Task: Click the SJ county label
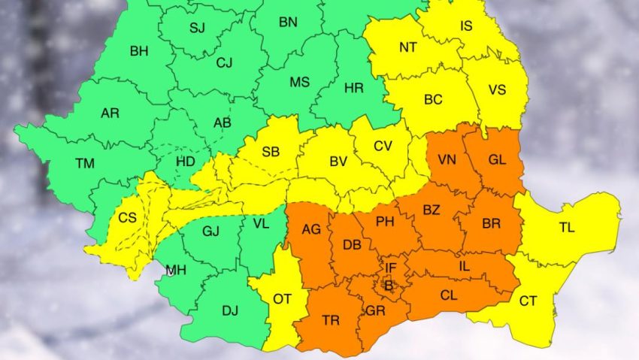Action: coord(197,29)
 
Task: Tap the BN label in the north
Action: coord(288,22)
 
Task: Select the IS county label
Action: coord(467,27)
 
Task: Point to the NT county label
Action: coord(408,47)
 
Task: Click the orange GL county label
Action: coord(497,159)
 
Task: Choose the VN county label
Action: coord(447,159)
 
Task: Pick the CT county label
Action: coord(528,301)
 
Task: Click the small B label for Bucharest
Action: coord(389,285)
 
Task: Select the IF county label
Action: coord(391,267)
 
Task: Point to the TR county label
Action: coord(331,320)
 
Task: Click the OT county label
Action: coord(282,299)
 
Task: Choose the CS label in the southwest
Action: coord(128,219)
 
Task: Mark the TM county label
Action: coord(85,163)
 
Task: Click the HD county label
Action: coord(186,161)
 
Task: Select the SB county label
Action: coord(271,152)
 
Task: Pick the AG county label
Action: coord(311,230)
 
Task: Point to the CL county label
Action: coord(449,296)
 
